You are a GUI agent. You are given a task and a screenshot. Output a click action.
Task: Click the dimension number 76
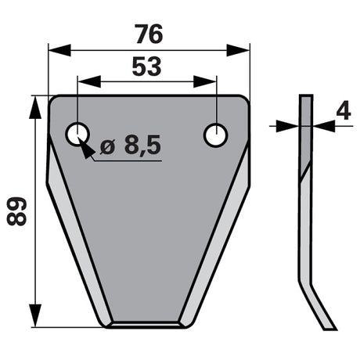click(x=149, y=34)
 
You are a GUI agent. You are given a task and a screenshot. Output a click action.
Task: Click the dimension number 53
click(x=146, y=67)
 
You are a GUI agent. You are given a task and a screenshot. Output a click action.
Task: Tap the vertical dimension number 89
click(x=16, y=211)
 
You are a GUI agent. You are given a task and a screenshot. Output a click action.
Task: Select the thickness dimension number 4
click(x=344, y=110)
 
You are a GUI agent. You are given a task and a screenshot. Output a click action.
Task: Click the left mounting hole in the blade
click(x=77, y=135)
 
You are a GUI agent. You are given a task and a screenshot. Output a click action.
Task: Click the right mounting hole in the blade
click(x=216, y=135)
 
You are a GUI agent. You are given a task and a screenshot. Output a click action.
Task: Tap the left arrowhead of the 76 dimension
click(x=59, y=50)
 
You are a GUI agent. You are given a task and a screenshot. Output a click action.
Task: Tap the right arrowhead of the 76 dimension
click(x=238, y=50)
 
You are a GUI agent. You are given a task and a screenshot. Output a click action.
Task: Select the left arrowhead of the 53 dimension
click(x=89, y=81)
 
